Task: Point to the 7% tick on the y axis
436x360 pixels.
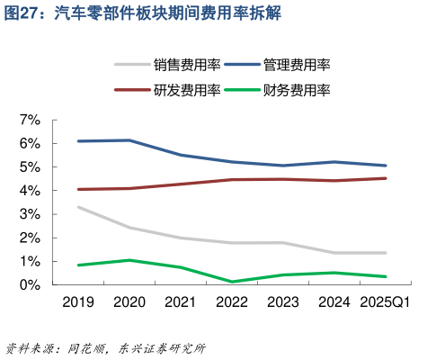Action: coord(30,120)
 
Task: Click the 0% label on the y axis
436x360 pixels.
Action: coord(30,284)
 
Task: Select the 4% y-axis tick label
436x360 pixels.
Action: coord(30,191)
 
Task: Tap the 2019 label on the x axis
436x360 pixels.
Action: coord(78,302)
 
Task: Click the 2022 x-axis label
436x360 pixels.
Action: coord(232,302)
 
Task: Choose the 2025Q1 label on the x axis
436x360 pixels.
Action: coord(384,302)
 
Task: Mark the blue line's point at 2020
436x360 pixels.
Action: coord(129,140)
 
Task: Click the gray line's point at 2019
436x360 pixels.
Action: coord(78,207)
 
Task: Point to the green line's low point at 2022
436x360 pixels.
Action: coord(232,282)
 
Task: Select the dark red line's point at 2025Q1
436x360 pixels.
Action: coord(386,178)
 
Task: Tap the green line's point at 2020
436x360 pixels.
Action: coord(129,260)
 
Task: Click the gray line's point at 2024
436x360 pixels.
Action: coord(334,253)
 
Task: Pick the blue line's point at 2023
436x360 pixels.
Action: coord(283,166)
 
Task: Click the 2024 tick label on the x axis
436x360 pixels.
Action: coord(334,302)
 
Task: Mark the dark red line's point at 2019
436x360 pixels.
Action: coord(78,189)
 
